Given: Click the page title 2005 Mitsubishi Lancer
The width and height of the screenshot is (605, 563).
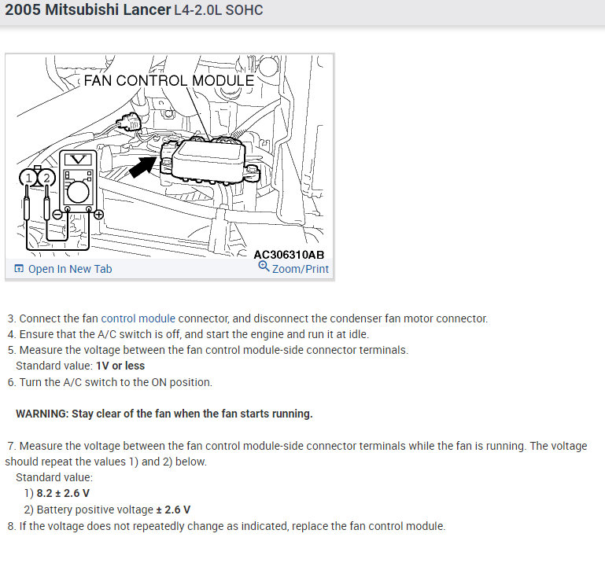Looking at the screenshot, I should coord(87,10).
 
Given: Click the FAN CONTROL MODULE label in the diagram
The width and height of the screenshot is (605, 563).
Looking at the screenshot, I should coord(168,80).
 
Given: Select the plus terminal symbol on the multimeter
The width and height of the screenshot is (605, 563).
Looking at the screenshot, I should coord(98,214).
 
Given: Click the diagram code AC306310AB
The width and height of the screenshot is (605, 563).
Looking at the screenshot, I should coord(289,255).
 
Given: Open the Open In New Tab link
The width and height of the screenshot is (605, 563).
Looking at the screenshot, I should coord(69,269).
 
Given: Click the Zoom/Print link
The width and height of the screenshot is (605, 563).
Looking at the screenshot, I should coord(300,269).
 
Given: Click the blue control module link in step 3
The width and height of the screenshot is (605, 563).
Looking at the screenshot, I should coord(138,318).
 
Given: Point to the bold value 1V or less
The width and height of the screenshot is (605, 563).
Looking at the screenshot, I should coord(120,366).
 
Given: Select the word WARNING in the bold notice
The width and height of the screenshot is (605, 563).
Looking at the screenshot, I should coord(41,414).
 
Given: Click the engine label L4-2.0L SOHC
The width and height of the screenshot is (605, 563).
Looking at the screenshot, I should coord(219,11).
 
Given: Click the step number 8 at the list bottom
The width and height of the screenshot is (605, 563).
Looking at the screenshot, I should coord(11,526).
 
